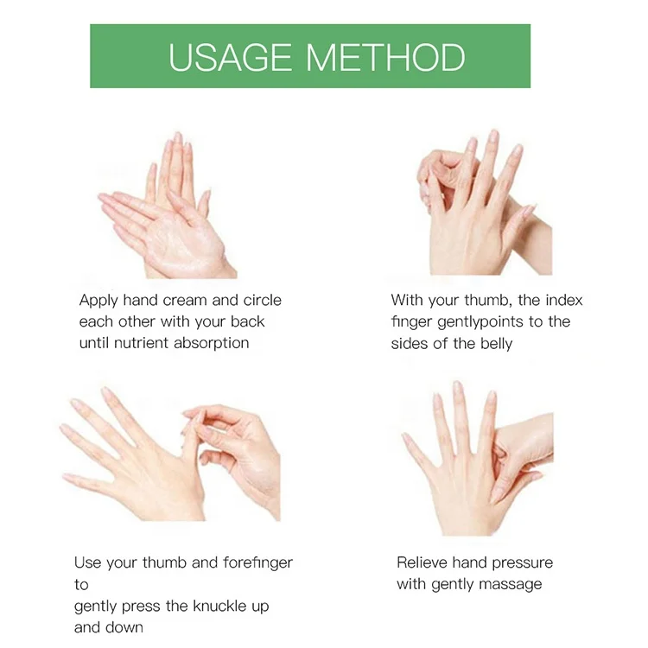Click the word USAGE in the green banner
(229, 57)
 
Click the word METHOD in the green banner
(385, 57)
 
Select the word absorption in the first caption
(211, 343)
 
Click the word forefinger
(257, 562)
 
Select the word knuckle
(219, 607)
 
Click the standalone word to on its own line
(81, 585)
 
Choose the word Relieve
(422, 562)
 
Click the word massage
(515, 585)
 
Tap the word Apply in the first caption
(98, 301)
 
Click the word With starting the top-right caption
(407, 300)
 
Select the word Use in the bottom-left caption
(87, 562)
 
